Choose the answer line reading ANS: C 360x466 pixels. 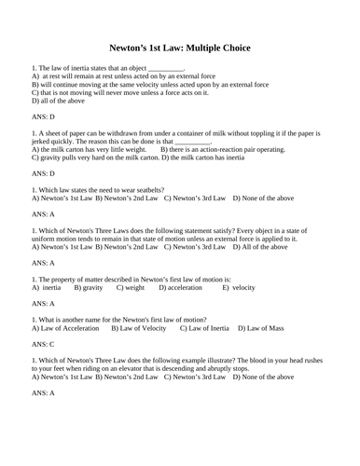pyautogui.click(x=43, y=344)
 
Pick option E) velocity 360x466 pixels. pyautogui.click(x=238, y=288)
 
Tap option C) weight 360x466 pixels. pyautogui.click(x=129, y=288)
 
